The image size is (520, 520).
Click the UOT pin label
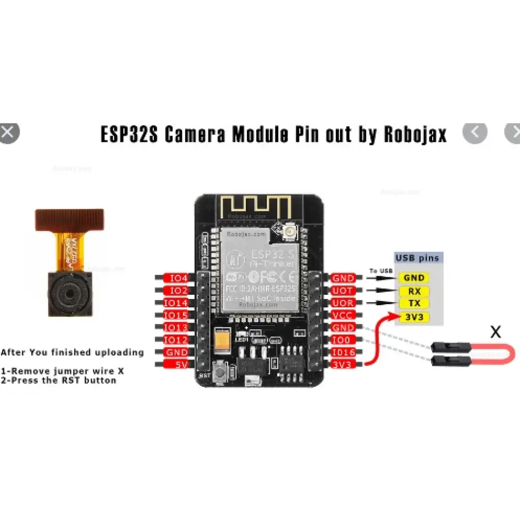click(342, 291)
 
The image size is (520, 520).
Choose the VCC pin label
click(342, 315)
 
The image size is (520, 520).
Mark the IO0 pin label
click(342, 340)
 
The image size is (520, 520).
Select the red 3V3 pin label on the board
click(342, 365)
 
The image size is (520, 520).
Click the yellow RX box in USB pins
click(414, 291)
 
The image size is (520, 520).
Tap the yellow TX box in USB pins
click(414, 303)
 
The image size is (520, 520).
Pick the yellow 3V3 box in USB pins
click(414, 316)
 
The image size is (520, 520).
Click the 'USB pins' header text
click(417, 257)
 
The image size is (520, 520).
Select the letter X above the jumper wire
click(496, 332)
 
